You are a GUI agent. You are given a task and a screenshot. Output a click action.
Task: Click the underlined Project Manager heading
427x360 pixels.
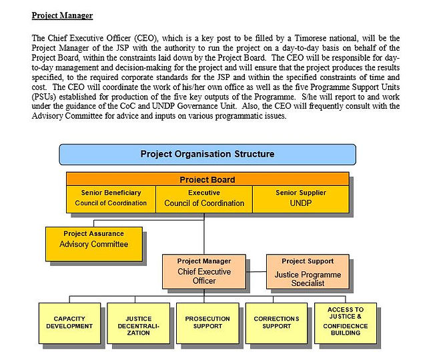(x=62, y=15)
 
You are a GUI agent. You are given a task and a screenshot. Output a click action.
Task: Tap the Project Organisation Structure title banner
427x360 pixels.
(x=207, y=154)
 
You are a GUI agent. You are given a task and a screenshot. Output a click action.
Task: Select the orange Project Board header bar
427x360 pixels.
(x=207, y=179)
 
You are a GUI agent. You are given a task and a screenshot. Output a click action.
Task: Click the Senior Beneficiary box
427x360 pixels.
(x=111, y=199)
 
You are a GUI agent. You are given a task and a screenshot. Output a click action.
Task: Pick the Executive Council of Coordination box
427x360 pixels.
(x=204, y=199)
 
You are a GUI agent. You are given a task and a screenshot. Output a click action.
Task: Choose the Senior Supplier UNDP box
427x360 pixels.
(x=301, y=199)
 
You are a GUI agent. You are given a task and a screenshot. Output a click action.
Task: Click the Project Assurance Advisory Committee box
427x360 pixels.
(x=94, y=244)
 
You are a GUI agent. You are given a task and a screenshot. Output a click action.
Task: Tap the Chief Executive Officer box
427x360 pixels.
(x=204, y=271)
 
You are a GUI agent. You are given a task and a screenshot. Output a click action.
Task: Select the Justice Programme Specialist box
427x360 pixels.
(x=308, y=271)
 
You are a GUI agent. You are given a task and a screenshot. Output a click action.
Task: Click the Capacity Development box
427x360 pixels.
(x=69, y=323)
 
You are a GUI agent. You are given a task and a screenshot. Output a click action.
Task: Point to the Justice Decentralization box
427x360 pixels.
(x=138, y=323)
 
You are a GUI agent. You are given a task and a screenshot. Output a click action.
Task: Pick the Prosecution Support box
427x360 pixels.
(x=207, y=323)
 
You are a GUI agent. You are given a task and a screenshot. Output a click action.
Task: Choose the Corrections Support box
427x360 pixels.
(x=276, y=323)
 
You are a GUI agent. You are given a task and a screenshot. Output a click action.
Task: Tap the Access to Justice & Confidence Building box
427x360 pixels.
(x=346, y=323)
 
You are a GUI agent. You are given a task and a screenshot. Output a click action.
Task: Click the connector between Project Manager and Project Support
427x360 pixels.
(x=256, y=271)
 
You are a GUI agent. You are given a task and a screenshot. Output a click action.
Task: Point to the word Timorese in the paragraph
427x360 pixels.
(x=311, y=38)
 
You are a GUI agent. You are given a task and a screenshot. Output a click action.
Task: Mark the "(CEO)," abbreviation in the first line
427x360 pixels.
(x=146, y=38)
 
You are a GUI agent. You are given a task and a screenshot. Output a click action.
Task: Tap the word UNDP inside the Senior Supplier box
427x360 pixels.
(x=301, y=203)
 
